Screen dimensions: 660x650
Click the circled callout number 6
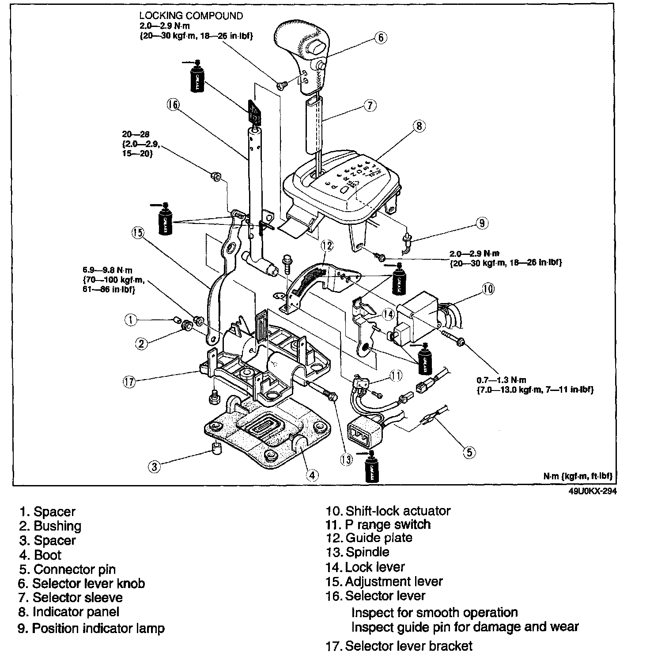(381, 38)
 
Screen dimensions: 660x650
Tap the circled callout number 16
(173, 105)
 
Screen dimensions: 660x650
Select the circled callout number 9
(481, 224)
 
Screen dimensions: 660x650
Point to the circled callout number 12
(327, 246)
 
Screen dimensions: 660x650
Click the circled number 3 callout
(154, 467)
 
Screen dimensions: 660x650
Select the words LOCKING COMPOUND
(191, 16)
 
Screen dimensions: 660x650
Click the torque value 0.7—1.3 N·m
(501, 380)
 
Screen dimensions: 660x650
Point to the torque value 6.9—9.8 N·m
(107, 270)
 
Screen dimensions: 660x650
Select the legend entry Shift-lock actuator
(397, 511)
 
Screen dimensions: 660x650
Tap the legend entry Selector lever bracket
(408, 646)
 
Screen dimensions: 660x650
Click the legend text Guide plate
(378, 538)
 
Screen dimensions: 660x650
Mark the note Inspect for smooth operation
(435, 613)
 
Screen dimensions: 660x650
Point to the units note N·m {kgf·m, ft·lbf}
(578, 476)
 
